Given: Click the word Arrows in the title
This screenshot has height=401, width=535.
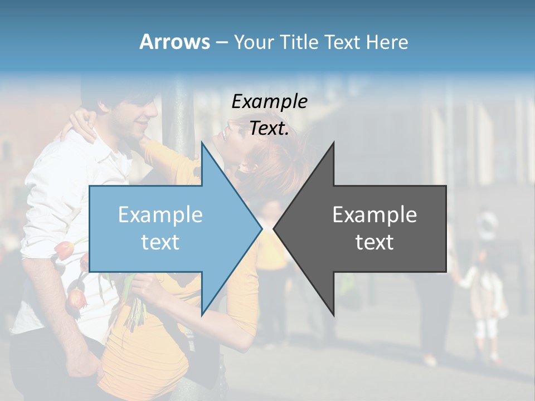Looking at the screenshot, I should [174, 42].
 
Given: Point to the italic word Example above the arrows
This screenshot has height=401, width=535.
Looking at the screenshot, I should [269, 101].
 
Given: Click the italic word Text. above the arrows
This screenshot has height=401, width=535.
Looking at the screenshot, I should [269, 128].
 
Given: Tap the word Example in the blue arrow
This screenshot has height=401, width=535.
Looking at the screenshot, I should [160, 214].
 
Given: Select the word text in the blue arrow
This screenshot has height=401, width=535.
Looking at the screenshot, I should [160, 242].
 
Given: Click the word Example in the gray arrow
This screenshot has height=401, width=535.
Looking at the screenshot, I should [374, 214].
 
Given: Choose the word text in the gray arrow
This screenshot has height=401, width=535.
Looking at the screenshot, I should [374, 242].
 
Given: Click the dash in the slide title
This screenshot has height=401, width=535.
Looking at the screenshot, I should [221, 42].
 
